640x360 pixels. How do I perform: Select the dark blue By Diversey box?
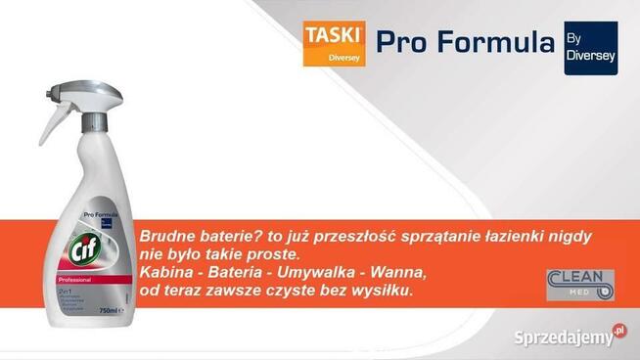point(591,48)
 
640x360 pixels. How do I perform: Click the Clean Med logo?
point(580,285)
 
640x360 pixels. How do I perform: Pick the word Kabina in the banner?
point(169,273)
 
